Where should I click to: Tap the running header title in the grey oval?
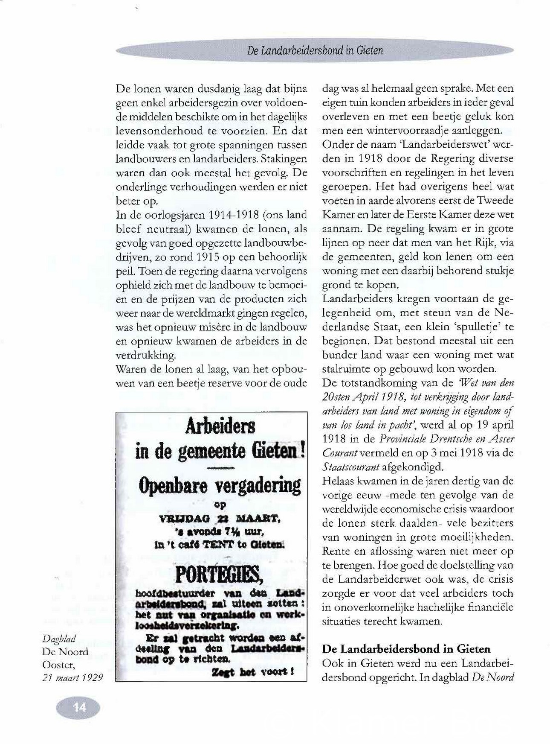315,51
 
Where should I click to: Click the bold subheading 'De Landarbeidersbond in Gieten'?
406,649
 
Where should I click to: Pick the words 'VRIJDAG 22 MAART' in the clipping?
219,519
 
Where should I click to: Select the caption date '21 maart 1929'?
72,677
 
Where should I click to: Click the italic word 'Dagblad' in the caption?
59,639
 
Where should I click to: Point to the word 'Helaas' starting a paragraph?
338,481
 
